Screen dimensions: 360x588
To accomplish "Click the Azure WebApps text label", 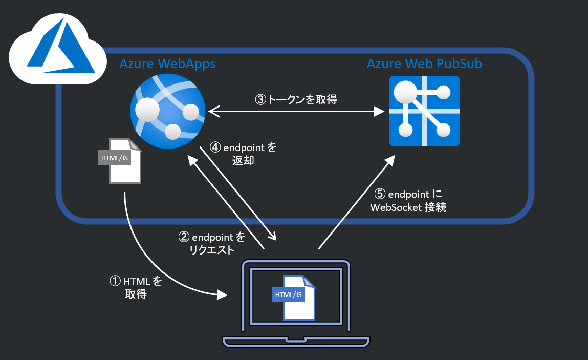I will [167, 63].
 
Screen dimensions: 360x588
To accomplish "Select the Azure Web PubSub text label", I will [424, 63].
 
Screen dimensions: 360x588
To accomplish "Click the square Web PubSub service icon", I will [424, 111].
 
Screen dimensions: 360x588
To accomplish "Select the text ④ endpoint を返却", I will [243, 154].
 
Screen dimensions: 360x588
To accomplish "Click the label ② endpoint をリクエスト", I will [211, 244].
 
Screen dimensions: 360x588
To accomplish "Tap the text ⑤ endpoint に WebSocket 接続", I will [407, 201].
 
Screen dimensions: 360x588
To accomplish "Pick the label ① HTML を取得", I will [136, 287].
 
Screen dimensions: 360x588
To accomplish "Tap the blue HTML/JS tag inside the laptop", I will [289, 294].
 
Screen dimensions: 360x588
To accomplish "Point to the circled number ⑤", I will [379, 194].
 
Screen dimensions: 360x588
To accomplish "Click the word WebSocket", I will [396, 207].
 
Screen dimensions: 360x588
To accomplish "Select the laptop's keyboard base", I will [296, 341].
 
